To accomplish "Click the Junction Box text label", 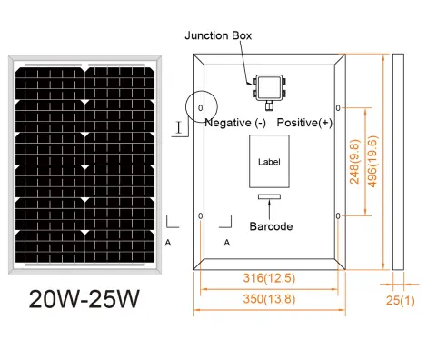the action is (x=218, y=35).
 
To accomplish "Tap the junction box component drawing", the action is (x=269, y=88).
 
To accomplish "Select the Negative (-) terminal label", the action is (x=235, y=123).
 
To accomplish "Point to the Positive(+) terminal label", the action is (x=304, y=123).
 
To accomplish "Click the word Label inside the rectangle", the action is (x=269, y=162).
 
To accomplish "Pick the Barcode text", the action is (x=271, y=226).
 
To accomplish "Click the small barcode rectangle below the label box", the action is (x=269, y=196).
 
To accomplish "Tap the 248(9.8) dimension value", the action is (x=354, y=162).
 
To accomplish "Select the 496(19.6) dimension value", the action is (x=372, y=162).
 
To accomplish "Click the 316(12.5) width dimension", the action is (x=269, y=278).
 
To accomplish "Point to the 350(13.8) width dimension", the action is (x=269, y=299).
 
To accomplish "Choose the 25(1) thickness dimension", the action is (x=400, y=300).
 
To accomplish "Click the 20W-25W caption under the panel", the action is (x=84, y=299).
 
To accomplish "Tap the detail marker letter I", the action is (x=179, y=127).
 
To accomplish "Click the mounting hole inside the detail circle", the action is (x=200, y=107).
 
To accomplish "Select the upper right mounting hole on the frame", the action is (x=338, y=107).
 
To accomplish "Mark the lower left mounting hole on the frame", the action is (x=200, y=215).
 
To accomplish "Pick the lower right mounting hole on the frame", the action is (x=338, y=215).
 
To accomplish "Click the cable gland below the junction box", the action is (x=268, y=105).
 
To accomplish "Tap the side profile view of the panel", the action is (x=398, y=162).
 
